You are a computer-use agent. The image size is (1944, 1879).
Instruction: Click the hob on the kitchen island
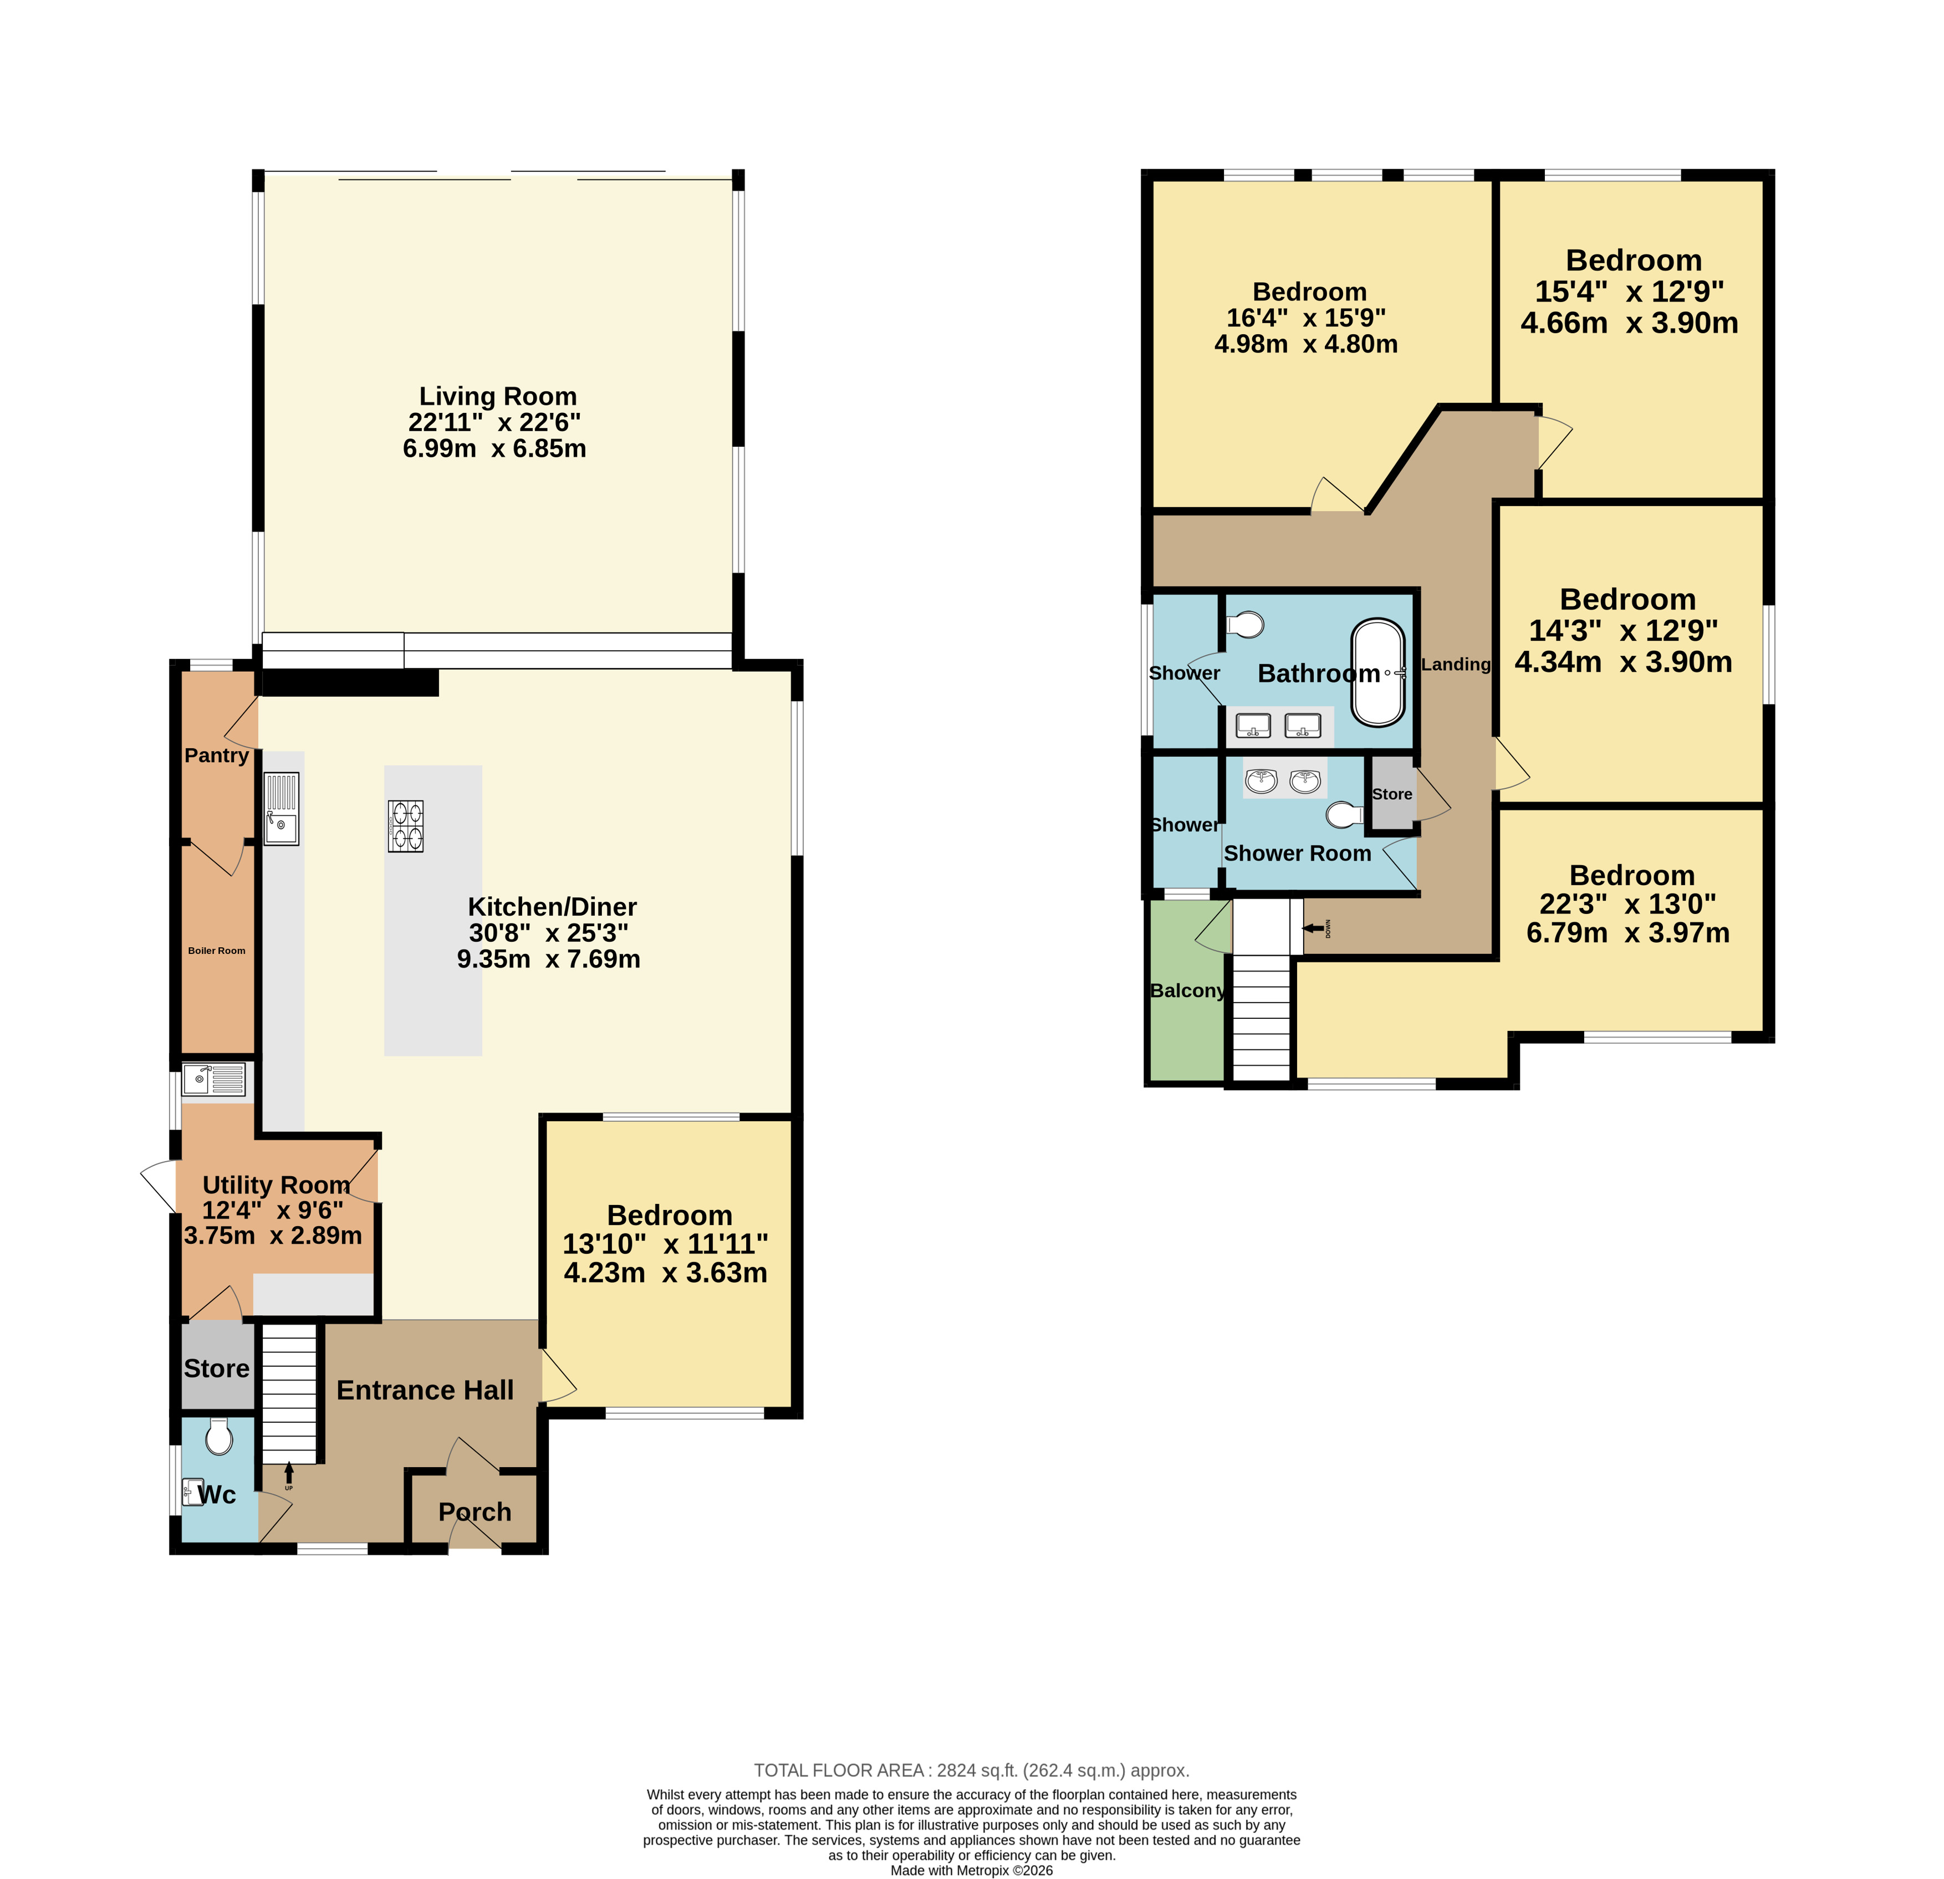pyautogui.click(x=406, y=826)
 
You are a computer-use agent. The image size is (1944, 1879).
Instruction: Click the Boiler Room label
pyautogui.click(x=216, y=951)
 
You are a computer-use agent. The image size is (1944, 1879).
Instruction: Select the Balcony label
pyautogui.click(x=1187, y=990)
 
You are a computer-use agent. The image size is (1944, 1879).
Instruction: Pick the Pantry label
pyautogui.click(x=216, y=755)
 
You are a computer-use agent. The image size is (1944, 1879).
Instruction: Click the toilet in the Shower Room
pyautogui.click(x=1345, y=814)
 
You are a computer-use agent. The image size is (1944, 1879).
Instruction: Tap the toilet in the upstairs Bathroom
pyautogui.click(x=1245, y=625)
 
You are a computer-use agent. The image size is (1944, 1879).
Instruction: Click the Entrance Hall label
pyautogui.click(x=426, y=1390)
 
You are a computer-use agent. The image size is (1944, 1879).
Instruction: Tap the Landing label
pyautogui.click(x=1456, y=665)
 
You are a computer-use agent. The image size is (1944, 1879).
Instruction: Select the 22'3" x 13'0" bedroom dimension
pyautogui.click(x=1627, y=904)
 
